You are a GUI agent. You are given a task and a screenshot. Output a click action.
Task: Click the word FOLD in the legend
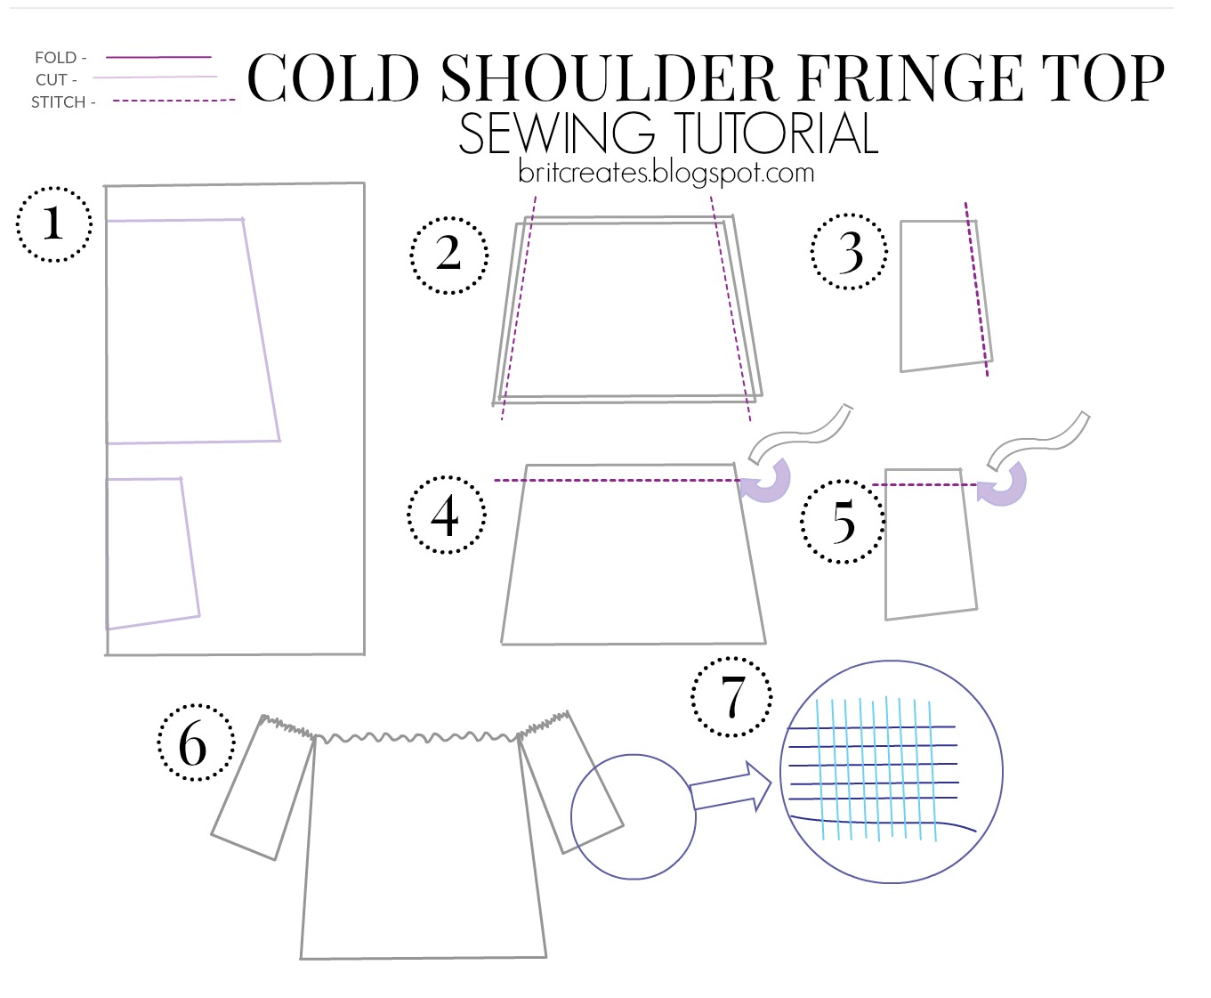pyautogui.click(x=56, y=58)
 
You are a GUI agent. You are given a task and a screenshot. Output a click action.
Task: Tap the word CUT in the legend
pyautogui.click(x=51, y=79)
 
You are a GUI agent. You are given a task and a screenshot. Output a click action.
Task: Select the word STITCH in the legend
pyautogui.click(x=58, y=102)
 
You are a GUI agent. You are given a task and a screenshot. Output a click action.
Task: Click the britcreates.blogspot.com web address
pyautogui.click(x=666, y=173)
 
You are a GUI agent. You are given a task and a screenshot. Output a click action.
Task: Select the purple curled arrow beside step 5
pyautogui.click(x=1003, y=484)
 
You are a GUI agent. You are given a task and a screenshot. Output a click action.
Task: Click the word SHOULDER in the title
pyautogui.click(x=609, y=77)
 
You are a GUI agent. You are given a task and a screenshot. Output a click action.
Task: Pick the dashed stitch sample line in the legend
pyautogui.click(x=174, y=101)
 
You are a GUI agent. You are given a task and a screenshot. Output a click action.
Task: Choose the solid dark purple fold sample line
pyautogui.click(x=158, y=57)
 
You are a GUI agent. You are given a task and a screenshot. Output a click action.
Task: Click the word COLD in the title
pyautogui.click(x=333, y=77)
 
